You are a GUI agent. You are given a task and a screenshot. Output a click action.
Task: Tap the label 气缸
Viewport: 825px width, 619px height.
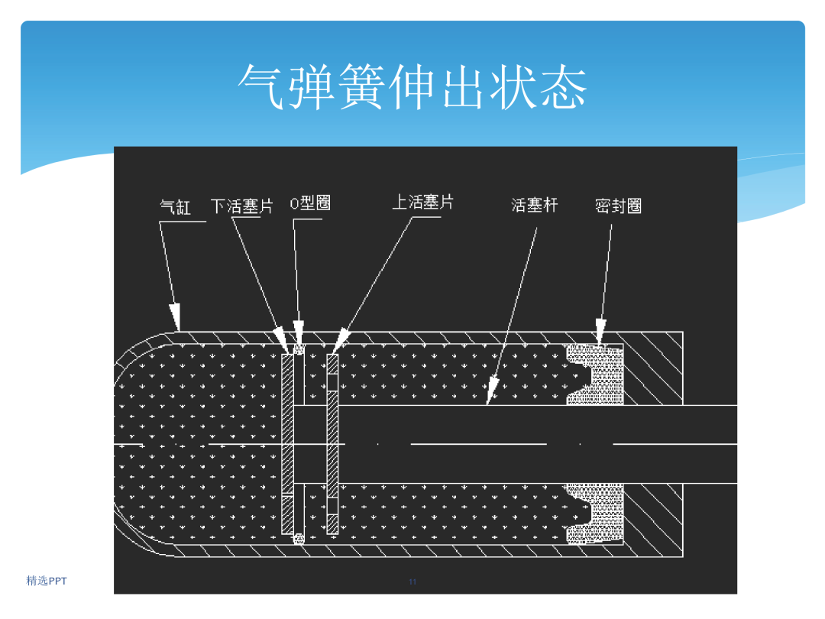coord(175,207)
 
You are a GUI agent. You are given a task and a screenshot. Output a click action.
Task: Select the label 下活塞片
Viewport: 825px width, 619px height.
coord(242,206)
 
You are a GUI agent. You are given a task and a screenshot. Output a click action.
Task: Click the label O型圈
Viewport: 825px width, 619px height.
coord(310,203)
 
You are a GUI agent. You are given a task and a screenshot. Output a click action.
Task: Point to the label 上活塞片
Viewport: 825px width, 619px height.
coord(423,202)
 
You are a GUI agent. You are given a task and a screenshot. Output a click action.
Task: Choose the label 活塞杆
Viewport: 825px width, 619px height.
coord(535,205)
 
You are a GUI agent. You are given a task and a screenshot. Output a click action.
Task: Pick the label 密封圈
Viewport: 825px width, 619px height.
coord(618,206)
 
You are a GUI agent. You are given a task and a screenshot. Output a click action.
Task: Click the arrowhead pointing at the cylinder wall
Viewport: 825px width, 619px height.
coord(175,317)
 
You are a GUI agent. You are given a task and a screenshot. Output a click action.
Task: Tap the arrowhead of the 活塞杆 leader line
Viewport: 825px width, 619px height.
coord(491,391)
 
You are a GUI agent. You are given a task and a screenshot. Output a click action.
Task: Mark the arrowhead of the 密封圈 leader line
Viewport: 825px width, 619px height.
coord(600,332)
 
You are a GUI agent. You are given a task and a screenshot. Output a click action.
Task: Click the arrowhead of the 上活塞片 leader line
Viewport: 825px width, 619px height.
coord(341,340)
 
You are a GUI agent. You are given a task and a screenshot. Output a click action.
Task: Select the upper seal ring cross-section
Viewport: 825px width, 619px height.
coord(594,374)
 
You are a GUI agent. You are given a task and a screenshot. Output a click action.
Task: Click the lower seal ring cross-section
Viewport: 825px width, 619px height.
coord(594,514)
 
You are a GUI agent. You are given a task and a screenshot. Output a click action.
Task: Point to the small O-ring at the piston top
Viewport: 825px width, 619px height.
coord(299,349)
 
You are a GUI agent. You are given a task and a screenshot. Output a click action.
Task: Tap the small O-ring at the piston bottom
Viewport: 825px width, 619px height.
coord(299,539)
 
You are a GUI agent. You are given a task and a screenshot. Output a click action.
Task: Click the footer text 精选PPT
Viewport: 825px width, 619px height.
coord(47,581)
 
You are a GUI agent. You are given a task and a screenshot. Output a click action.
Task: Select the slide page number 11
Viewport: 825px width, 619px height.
coord(412,582)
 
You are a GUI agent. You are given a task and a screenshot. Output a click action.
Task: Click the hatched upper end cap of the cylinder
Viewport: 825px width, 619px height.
coord(653,368)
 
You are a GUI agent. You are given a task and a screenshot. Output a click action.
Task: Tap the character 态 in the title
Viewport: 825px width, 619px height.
coord(564,87)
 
